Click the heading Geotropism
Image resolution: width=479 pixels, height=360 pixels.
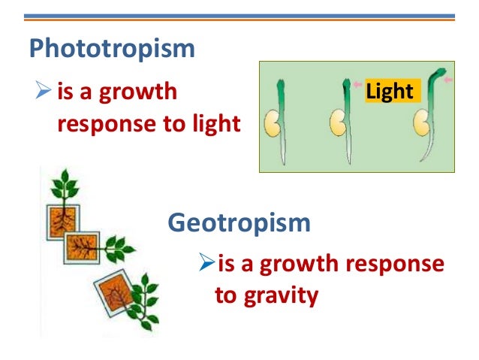pos(239,223)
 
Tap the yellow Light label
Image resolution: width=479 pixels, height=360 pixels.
pos(390,92)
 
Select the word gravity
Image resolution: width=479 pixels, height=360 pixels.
pos(279,295)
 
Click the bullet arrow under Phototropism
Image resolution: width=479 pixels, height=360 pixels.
pos(42,94)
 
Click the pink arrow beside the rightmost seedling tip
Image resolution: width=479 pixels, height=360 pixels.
pos(448,79)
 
